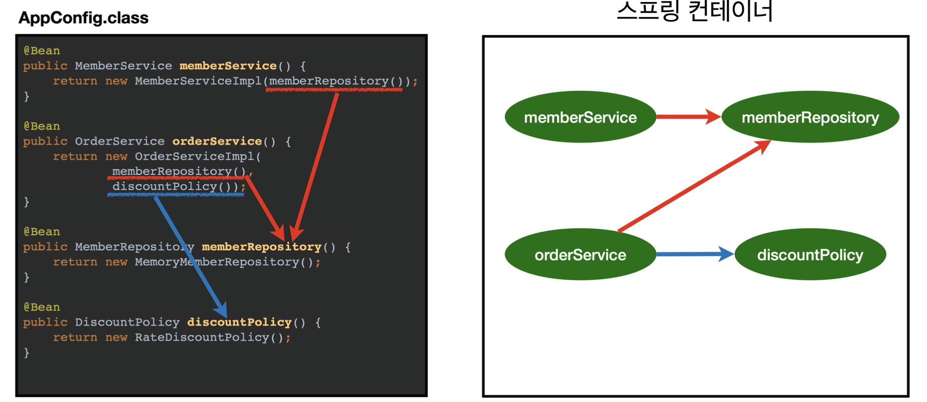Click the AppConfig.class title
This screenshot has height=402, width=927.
coord(84,18)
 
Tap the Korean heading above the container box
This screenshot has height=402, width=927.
coord(695,11)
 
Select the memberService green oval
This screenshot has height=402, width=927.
coord(580,117)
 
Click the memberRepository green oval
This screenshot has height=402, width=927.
coord(810,117)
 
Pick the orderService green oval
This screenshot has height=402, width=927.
coord(580,255)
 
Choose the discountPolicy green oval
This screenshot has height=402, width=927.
coord(810,255)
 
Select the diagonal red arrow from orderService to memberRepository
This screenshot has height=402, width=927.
coord(694,186)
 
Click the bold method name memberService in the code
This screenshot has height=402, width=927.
coord(228,66)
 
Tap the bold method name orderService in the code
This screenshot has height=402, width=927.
coord(217,141)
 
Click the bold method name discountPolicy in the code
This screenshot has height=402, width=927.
coord(239,322)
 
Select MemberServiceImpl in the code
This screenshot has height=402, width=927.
coord(198,81)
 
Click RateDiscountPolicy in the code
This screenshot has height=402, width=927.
coord(202,337)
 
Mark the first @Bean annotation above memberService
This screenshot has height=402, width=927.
coord(42,51)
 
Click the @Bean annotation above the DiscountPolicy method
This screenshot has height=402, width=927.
coord(42,307)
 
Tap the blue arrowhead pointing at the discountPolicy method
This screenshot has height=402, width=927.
coord(221,309)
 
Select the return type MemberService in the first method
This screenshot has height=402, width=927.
coord(123,66)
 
